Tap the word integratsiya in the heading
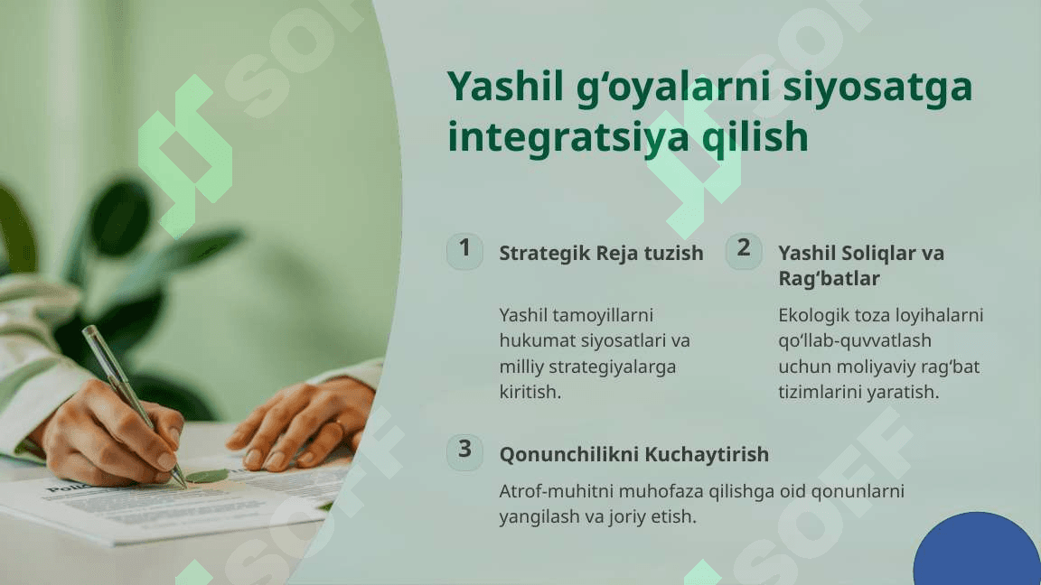(568, 137)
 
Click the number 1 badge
(464, 251)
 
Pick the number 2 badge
(744, 251)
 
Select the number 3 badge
(464, 452)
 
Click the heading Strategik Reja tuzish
(601, 253)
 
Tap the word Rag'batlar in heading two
(830, 279)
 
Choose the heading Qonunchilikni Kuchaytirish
(634, 454)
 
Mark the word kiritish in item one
(530, 392)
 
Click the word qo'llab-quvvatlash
(855, 341)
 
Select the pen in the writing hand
(134, 405)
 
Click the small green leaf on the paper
(206, 476)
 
